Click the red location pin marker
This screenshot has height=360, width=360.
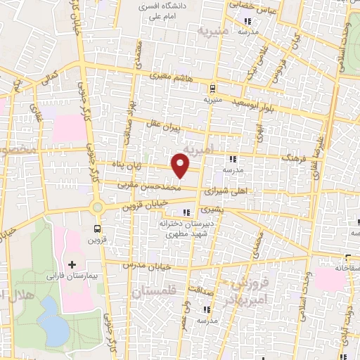click(181, 166)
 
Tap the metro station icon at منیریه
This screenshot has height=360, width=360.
click(212, 88)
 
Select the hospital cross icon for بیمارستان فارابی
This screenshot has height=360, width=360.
click(71, 264)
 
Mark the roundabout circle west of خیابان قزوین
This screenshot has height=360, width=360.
click(97, 207)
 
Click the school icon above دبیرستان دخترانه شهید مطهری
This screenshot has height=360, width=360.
click(186, 212)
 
